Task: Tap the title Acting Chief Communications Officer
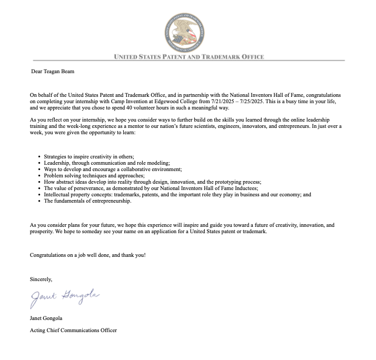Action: click(73, 331)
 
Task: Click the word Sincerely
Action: click(41, 279)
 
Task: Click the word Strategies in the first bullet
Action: click(55, 157)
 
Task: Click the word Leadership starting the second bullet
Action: click(56, 163)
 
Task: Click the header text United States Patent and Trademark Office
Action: click(189, 57)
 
